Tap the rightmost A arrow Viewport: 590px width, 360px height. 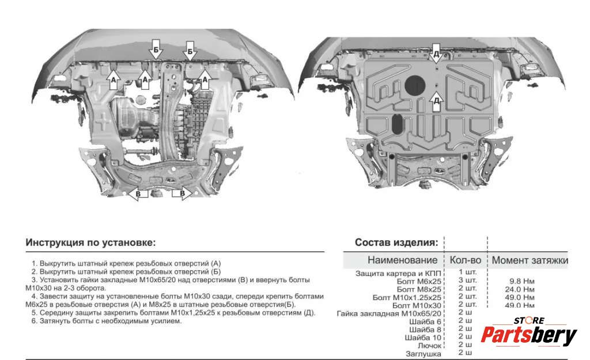tap(204, 78)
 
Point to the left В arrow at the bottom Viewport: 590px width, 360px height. tap(138, 194)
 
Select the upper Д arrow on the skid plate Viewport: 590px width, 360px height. tap(436, 53)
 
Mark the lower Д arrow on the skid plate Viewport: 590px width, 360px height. tap(436, 101)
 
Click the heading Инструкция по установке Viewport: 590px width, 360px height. tap(90, 242)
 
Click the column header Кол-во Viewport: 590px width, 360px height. tap(466, 260)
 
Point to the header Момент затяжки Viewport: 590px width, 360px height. tap(530, 260)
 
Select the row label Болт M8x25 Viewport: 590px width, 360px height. tap(418, 289)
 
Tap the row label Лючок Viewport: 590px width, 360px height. tap(429, 345)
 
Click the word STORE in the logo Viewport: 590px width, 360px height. tap(529, 320)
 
